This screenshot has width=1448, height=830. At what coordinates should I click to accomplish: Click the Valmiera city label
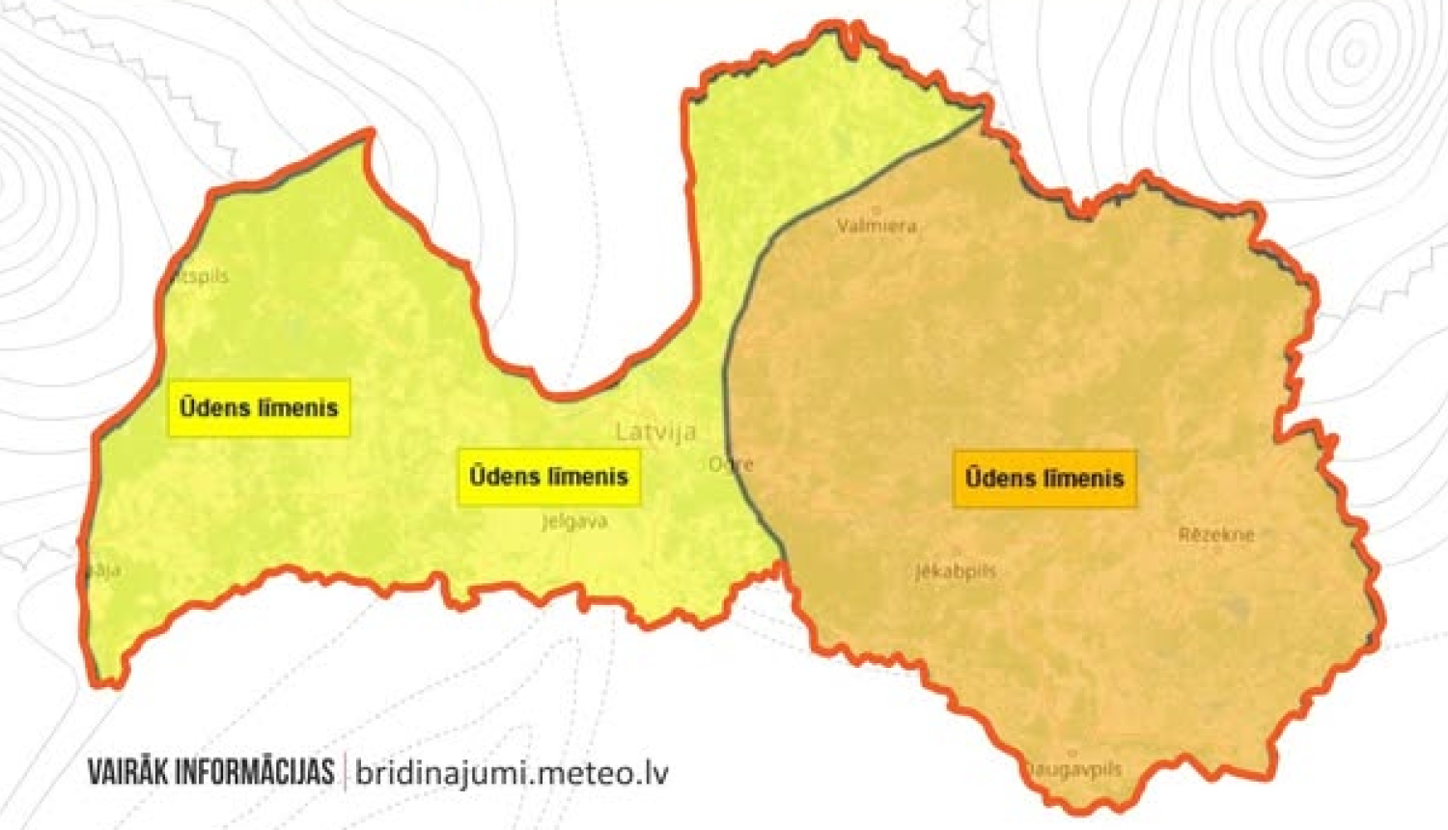(877, 226)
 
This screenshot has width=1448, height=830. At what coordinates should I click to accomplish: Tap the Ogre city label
(731, 464)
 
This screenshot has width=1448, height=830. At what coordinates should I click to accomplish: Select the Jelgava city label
(574, 522)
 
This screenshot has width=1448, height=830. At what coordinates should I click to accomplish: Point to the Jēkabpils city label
(955, 571)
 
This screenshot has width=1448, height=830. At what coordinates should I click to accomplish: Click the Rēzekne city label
(1216, 534)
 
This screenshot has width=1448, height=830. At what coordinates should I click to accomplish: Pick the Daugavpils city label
(1073, 769)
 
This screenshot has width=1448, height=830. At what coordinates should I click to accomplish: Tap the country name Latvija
(656, 431)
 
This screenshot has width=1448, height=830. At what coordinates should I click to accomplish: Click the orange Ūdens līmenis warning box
(1044, 478)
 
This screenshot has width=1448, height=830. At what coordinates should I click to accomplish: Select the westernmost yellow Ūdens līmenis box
(259, 407)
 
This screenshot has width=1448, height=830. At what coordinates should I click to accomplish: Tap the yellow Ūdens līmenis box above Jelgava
(548, 476)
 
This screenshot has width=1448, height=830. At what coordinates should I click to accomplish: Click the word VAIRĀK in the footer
(126, 772)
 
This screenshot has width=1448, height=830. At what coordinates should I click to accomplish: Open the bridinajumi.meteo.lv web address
(512, 772)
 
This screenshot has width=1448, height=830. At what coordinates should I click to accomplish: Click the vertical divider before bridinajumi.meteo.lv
(345, 772)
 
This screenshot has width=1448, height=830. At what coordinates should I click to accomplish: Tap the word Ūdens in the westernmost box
(214, 407)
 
